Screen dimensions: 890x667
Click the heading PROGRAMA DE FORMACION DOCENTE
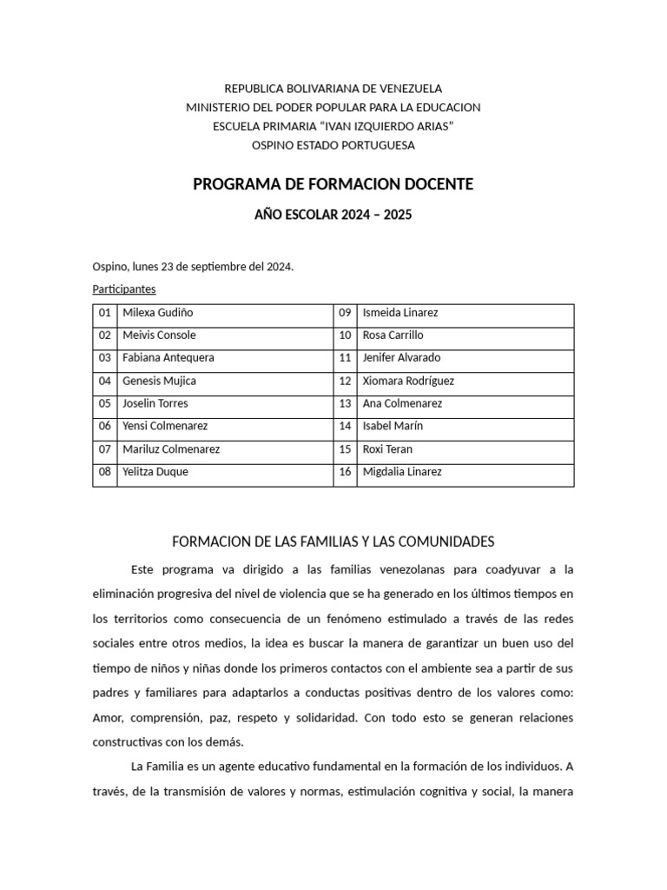pos(333,184)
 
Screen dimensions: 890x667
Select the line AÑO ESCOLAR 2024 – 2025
pos(333,214)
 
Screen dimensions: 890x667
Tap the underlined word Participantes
pos(124,289)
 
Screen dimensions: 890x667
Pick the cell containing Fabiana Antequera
pos(168,357)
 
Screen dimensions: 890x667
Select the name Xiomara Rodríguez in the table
pos(408,381)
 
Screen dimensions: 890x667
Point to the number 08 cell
pos(105,472)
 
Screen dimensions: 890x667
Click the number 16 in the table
pos(345,472)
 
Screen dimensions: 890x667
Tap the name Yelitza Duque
pos(155,472)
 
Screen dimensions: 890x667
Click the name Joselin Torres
pos(155,403)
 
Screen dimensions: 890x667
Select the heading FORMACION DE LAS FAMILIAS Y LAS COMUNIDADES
pos(333,541)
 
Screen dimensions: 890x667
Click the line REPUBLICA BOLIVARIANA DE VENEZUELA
pos(333,88)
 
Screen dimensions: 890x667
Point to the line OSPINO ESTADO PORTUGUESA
pos(333,145)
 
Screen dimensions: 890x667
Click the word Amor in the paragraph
pos(108,720)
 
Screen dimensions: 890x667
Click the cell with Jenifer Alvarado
pos(401,357)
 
